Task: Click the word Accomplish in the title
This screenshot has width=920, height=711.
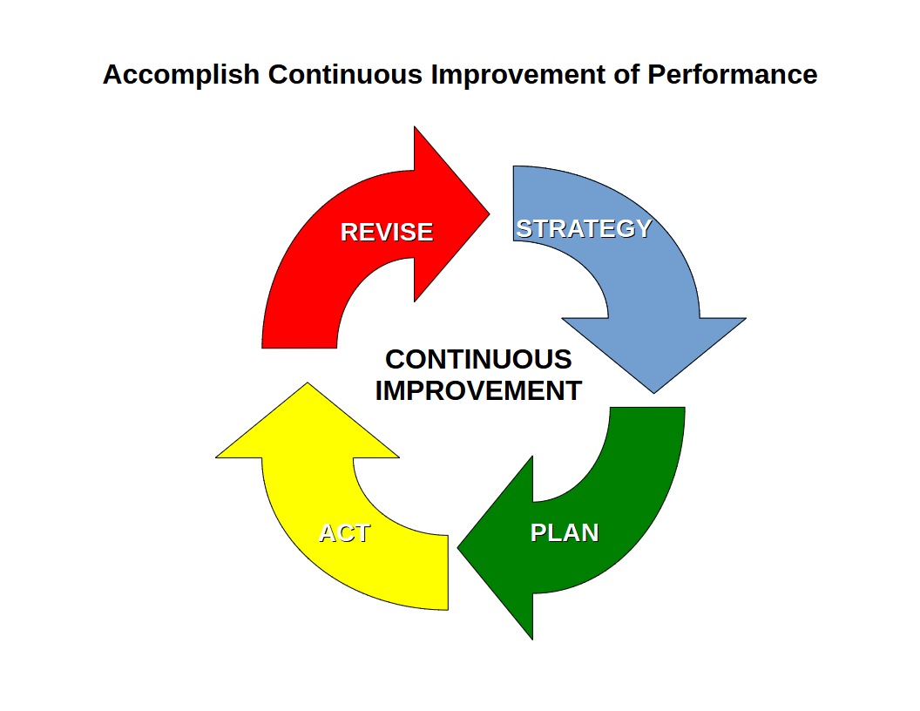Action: click(181, 76)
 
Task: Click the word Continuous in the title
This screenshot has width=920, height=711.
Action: click(345, 75)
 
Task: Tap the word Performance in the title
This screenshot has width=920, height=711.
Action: click(732, 75)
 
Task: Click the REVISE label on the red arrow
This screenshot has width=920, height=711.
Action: click(387, 233)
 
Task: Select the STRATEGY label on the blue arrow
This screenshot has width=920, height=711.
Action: click(584, 229)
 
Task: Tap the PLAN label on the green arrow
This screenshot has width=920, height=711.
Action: click(565, 532)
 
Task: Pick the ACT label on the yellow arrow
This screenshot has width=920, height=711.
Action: click(344, 533)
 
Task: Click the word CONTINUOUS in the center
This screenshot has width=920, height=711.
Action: click(478, 360)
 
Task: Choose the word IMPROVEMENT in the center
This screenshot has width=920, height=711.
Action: click(478, 390)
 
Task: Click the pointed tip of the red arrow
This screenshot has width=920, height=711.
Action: click(490, 214)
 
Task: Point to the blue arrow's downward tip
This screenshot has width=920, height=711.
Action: click(653, 393)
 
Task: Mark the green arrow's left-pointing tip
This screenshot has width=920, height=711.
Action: click(457, 548)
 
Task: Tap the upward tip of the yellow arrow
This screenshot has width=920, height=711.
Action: click(308, 383)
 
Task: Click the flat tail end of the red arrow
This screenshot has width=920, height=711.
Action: click(299, 348)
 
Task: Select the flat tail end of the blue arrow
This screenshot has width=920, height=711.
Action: click(513, 204)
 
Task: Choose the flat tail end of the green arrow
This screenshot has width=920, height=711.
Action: click(648, 408)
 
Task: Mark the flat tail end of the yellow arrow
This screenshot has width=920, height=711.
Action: click(448, 572)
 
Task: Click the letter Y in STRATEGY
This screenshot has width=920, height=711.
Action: click(644, 229)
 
